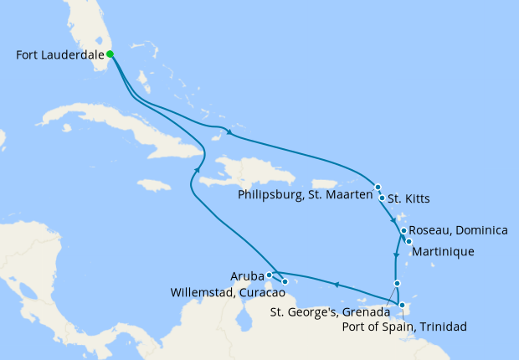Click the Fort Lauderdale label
coord(59,56)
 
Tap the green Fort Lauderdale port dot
coord(110,55)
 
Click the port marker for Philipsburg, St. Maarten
coord(378,188)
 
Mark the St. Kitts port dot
coord(382,198)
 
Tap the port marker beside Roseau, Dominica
coord(403,230)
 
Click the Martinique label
coord(443,251)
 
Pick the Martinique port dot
coord(409,241)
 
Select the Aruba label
coord(247,274)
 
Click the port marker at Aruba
coord(269,274)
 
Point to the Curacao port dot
coord(285,282)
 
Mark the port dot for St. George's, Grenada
coord(397,284)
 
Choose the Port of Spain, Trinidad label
coord(404,327)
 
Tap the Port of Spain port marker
coord(403,306)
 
